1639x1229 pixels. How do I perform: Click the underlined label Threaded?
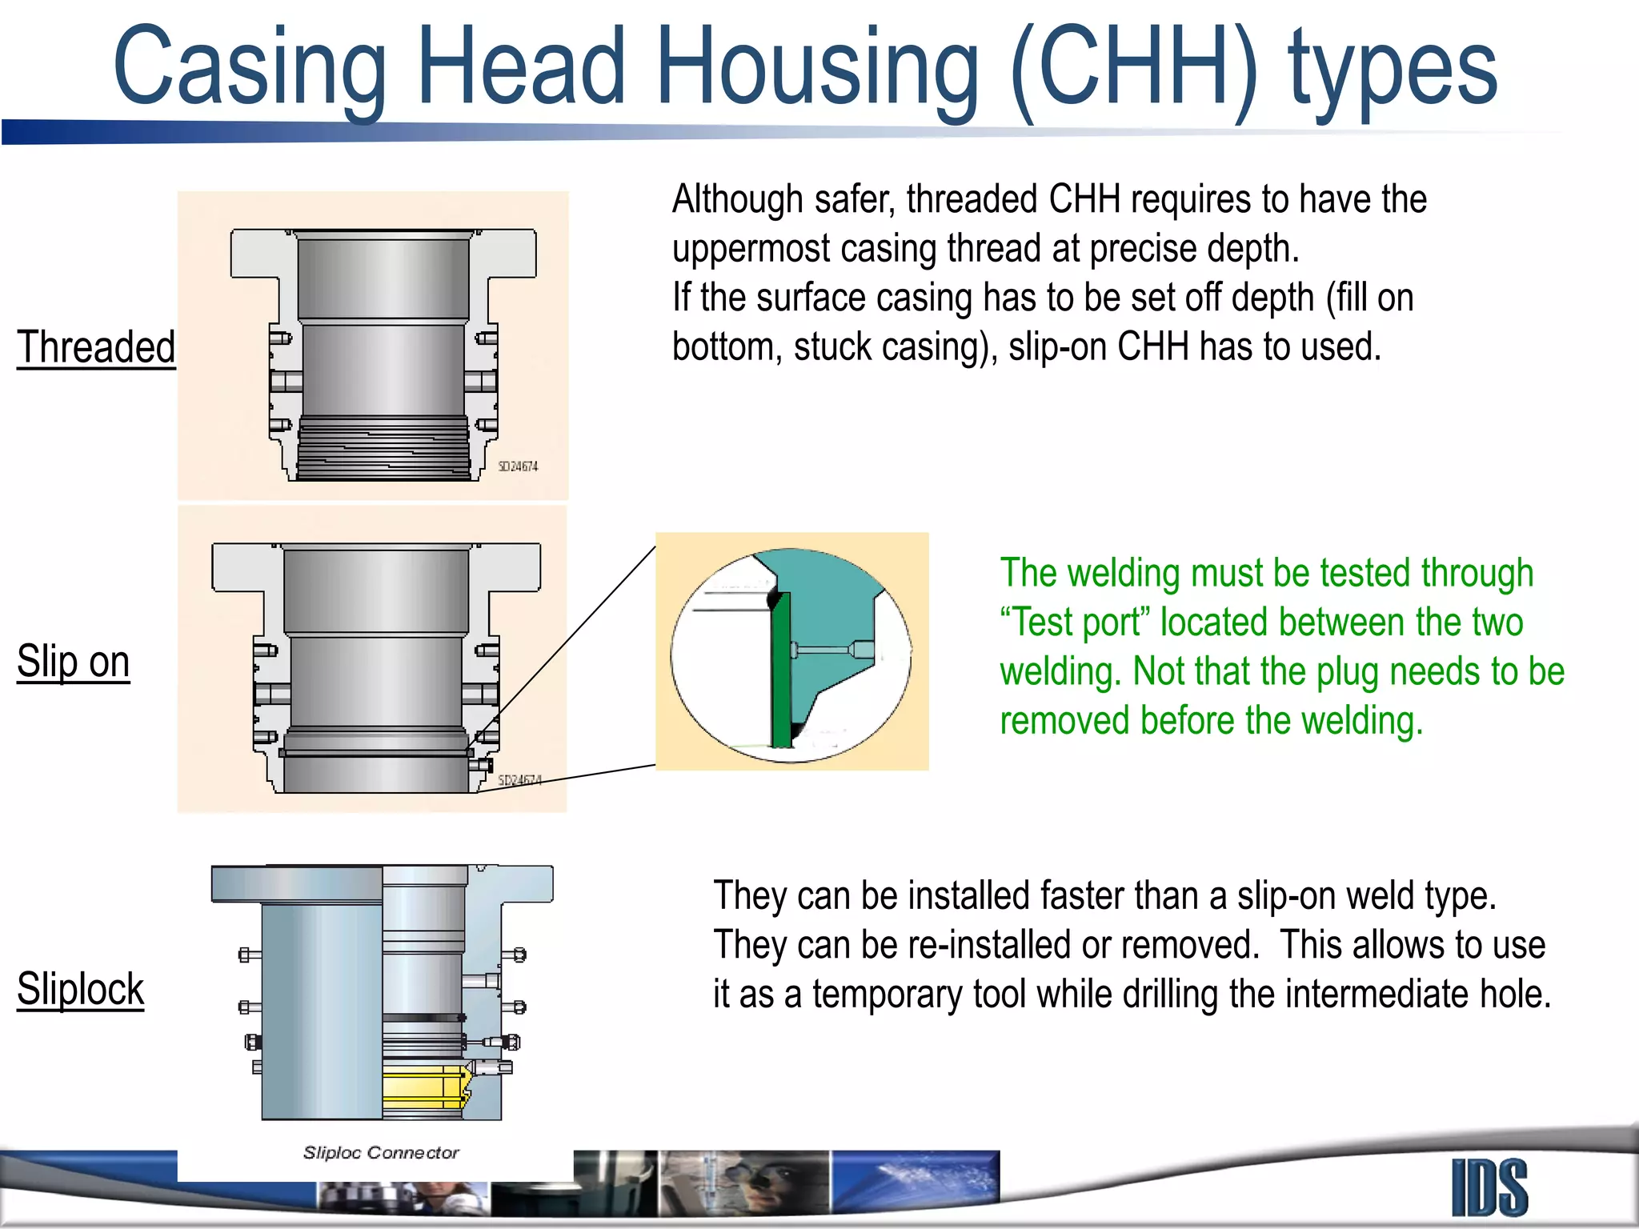coord(96,347)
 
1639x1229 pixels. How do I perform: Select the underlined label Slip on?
coord(74,662)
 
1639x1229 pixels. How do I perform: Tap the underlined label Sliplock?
coord(80,989)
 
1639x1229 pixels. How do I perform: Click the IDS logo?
coord(1489,1188)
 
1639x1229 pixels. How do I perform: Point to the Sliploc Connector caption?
coord(381,1153)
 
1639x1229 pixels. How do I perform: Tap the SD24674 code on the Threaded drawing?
coord(518,466)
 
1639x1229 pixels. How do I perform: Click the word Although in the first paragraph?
coord(737,199)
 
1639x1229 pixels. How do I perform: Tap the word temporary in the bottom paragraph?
coord(888,995)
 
